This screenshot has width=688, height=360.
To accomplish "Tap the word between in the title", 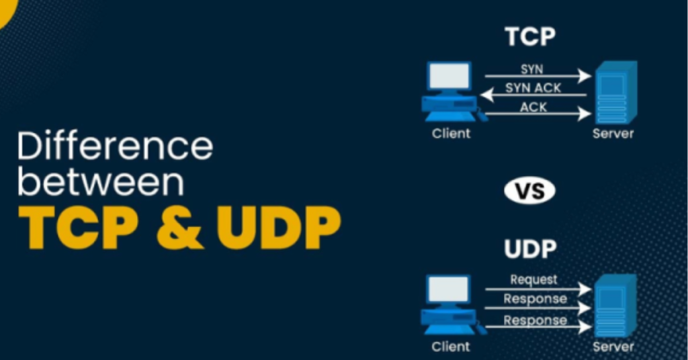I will click(x=100, y=184).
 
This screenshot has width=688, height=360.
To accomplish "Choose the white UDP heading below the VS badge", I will click(x=529, y=249).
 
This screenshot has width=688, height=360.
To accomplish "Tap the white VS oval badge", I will click(x=529, y=191).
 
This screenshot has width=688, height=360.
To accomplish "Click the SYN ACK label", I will click(x=533, y=88).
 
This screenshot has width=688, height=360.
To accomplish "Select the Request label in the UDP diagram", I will click(x=533, y=279).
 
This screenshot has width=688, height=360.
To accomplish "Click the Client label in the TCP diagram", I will click(x=451, y=134).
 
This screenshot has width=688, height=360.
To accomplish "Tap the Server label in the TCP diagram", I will click(x=613, y=134).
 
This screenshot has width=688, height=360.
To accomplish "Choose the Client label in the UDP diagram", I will click(x=451, y=347).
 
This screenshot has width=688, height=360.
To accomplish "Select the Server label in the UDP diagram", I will click(x=613, y=347).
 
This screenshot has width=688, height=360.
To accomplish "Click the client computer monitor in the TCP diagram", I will click(x=449, y=77).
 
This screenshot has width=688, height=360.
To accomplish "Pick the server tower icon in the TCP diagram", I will click(x=613, y=92).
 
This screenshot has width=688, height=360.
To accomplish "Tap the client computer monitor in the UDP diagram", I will click(x=449, y=290).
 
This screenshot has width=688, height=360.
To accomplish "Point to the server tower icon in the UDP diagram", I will click(x=613, y=305).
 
